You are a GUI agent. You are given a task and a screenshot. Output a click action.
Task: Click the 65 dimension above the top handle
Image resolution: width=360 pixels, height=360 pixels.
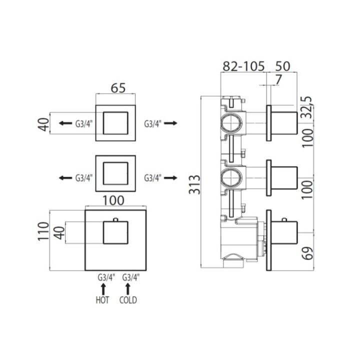tap(117, 88)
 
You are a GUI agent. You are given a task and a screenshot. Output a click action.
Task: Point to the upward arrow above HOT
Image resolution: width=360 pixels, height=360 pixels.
tap(103, 288)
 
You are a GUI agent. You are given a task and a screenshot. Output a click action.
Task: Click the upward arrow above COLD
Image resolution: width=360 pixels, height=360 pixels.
tap(128, 288)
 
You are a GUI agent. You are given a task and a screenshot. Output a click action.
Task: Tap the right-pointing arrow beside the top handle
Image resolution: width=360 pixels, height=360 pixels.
tap(170, 123)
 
